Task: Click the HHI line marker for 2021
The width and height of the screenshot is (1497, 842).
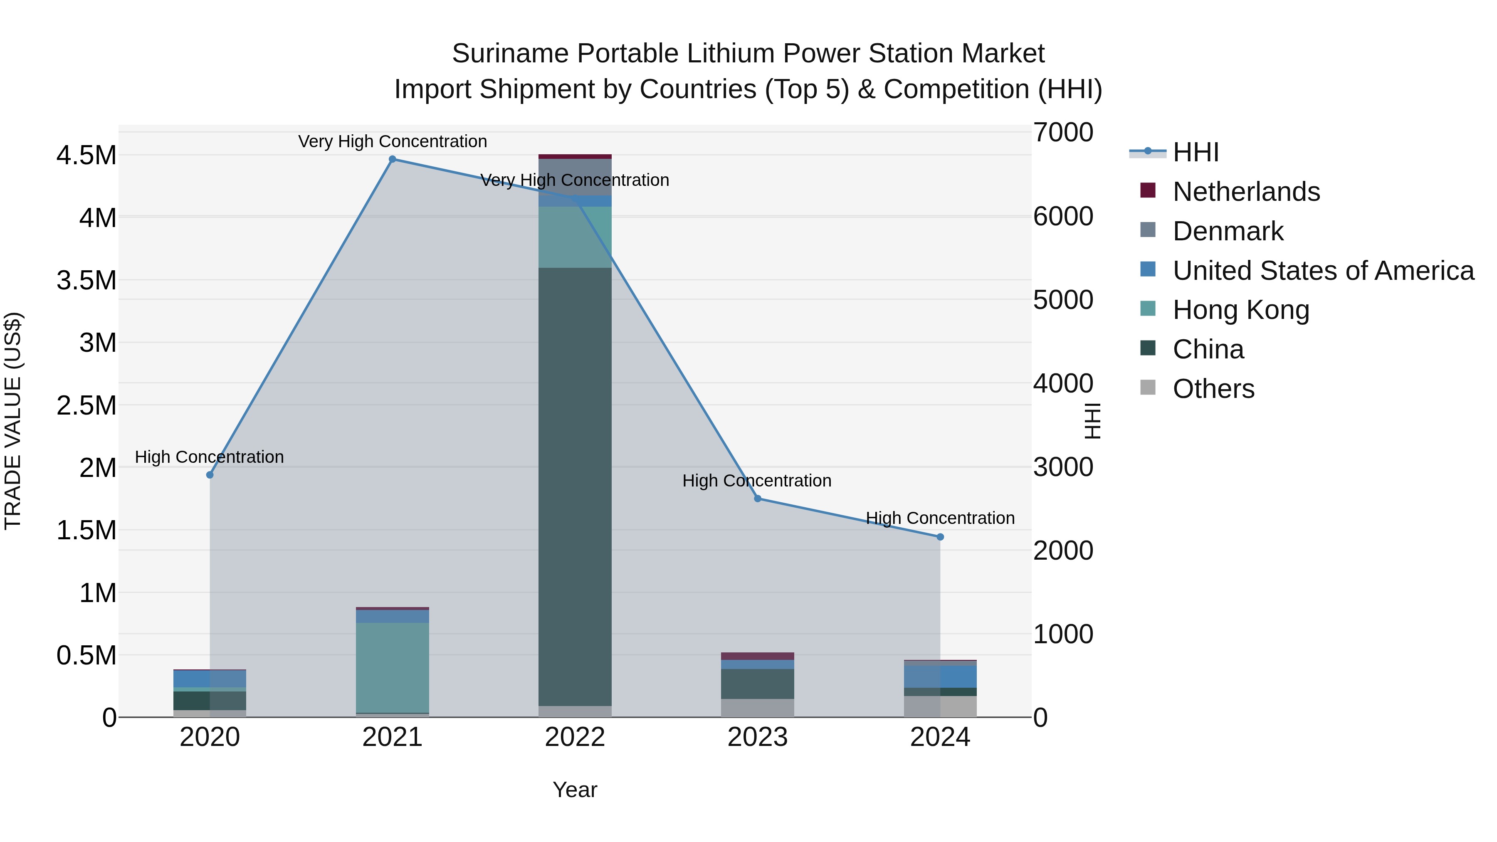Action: (x=392, y=159)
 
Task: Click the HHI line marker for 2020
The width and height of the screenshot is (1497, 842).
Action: (x=210, y=475)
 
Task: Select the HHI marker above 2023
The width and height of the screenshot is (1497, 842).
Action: (x=757, y=499)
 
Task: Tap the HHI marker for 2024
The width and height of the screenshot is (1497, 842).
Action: (x=940, y=537)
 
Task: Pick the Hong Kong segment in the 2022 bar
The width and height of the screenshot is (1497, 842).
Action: (x=575, y=237)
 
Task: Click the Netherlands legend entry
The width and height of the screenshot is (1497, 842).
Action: (x=1246, y=192)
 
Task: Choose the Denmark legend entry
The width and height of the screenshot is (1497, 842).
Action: (x=1228, y=231)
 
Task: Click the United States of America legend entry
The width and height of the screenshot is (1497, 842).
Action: (x=1323, y=271)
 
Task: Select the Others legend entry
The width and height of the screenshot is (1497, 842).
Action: (x=1213, y=389)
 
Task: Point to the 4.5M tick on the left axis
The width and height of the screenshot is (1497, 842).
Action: (x=86, y=156)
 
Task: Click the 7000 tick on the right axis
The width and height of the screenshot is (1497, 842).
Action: (x=1063, y=133)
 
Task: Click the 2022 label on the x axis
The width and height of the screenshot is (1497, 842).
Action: (x=575, y=737)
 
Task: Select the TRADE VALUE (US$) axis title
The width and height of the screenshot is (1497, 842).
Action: (x=13, y=421)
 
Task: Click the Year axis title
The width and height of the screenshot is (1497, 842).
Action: (x=575, y=790)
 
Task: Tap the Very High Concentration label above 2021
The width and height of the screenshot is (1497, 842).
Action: (x=392, y=141)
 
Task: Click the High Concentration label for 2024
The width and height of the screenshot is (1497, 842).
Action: (x=940, y=518)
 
